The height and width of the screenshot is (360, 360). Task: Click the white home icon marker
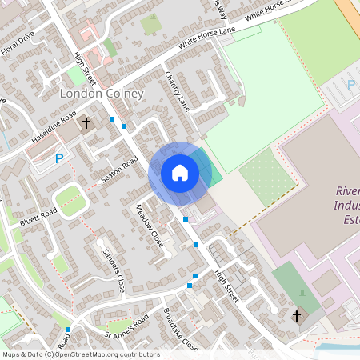coord(180,172)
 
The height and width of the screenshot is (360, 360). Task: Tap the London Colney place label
coord(102,94)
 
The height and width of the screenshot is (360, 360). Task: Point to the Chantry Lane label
coord(178,90)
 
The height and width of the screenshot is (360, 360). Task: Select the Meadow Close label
coord(149,229)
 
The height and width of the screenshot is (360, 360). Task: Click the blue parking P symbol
coord(58,159)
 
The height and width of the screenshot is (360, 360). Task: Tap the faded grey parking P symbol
coord(350,84)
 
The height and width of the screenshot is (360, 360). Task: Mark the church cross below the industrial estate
coord(297,316)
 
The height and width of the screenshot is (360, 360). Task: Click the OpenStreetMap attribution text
coord(80,354)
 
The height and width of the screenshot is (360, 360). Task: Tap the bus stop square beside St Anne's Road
coord(68,329)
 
